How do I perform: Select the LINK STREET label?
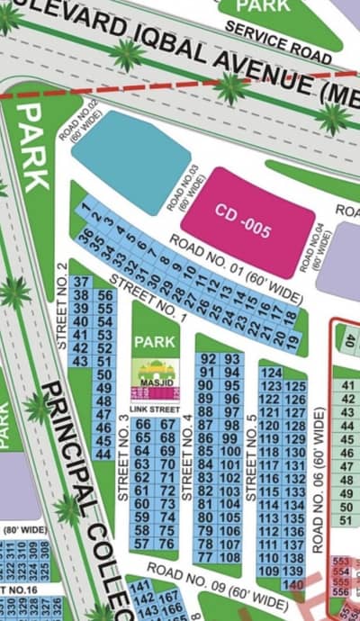click(155, 410)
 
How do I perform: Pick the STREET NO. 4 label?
click(187, 459)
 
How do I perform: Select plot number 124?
click(270, 373)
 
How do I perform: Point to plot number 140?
click(292, 585)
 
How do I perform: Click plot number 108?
click(229, 557)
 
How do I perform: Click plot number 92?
click(207, 360)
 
